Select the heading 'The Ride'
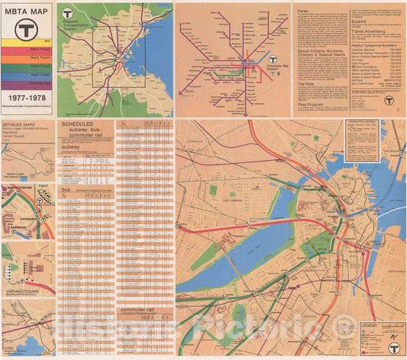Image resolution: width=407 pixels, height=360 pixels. pos(303,83)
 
